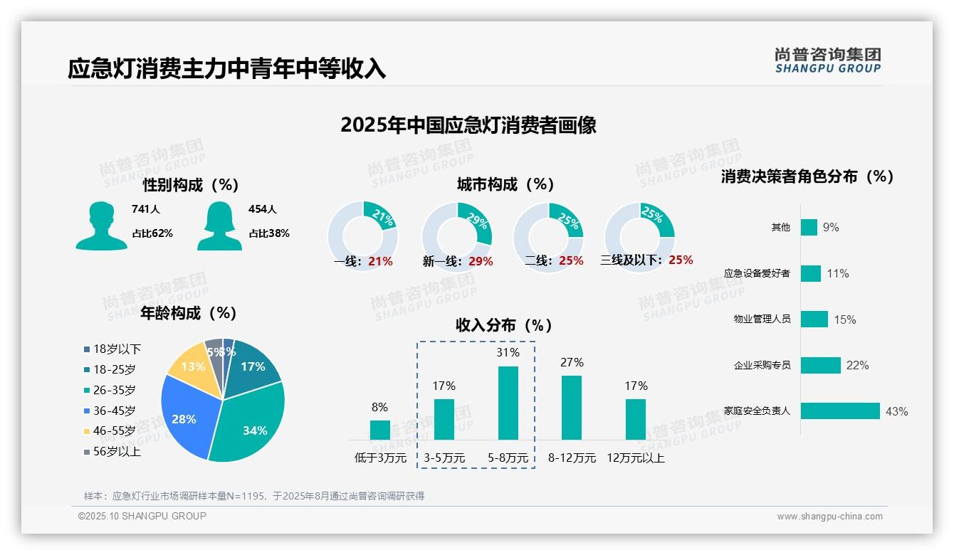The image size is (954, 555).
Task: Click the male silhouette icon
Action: click(101, 226)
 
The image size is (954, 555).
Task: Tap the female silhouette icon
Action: click(219, 226)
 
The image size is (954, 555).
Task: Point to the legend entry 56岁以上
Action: click(112, 451)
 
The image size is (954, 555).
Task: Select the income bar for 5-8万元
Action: click(508, 403)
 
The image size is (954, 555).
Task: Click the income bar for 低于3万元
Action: click(379, 430)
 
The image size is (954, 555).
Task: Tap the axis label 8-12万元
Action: click(572, 458)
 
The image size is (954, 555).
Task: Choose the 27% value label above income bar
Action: click(572, 363)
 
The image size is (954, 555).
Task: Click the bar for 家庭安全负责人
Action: click(840, 411)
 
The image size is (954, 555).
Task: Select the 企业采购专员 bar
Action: click(820, 365)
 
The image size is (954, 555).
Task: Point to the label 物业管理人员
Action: click(762, 319)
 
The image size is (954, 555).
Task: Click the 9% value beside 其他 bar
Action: click(831, 228)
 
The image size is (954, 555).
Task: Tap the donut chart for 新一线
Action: click(456, 236)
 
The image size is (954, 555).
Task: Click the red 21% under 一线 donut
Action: click(380, 261)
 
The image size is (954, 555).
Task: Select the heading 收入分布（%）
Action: click(504, 326)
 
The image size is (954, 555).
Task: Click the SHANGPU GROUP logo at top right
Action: click(827, 60)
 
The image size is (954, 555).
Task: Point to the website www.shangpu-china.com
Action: click(829, 517)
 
